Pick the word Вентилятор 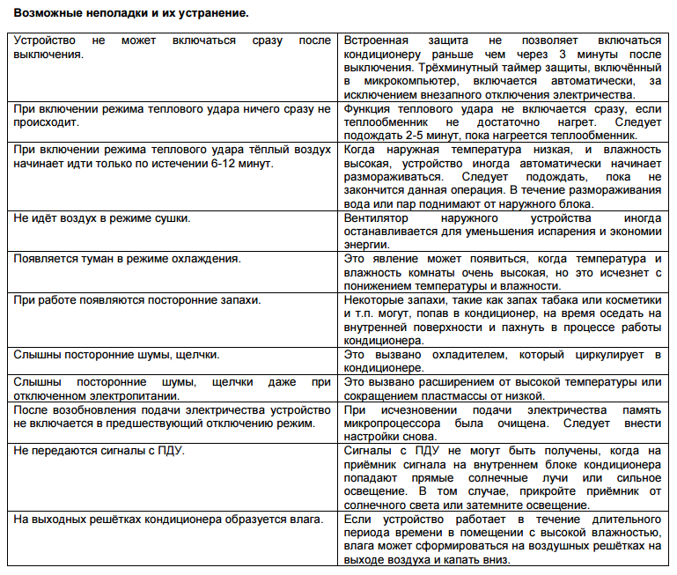pos(379,217)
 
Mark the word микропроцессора pos(390,424)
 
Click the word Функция pos(370,108)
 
